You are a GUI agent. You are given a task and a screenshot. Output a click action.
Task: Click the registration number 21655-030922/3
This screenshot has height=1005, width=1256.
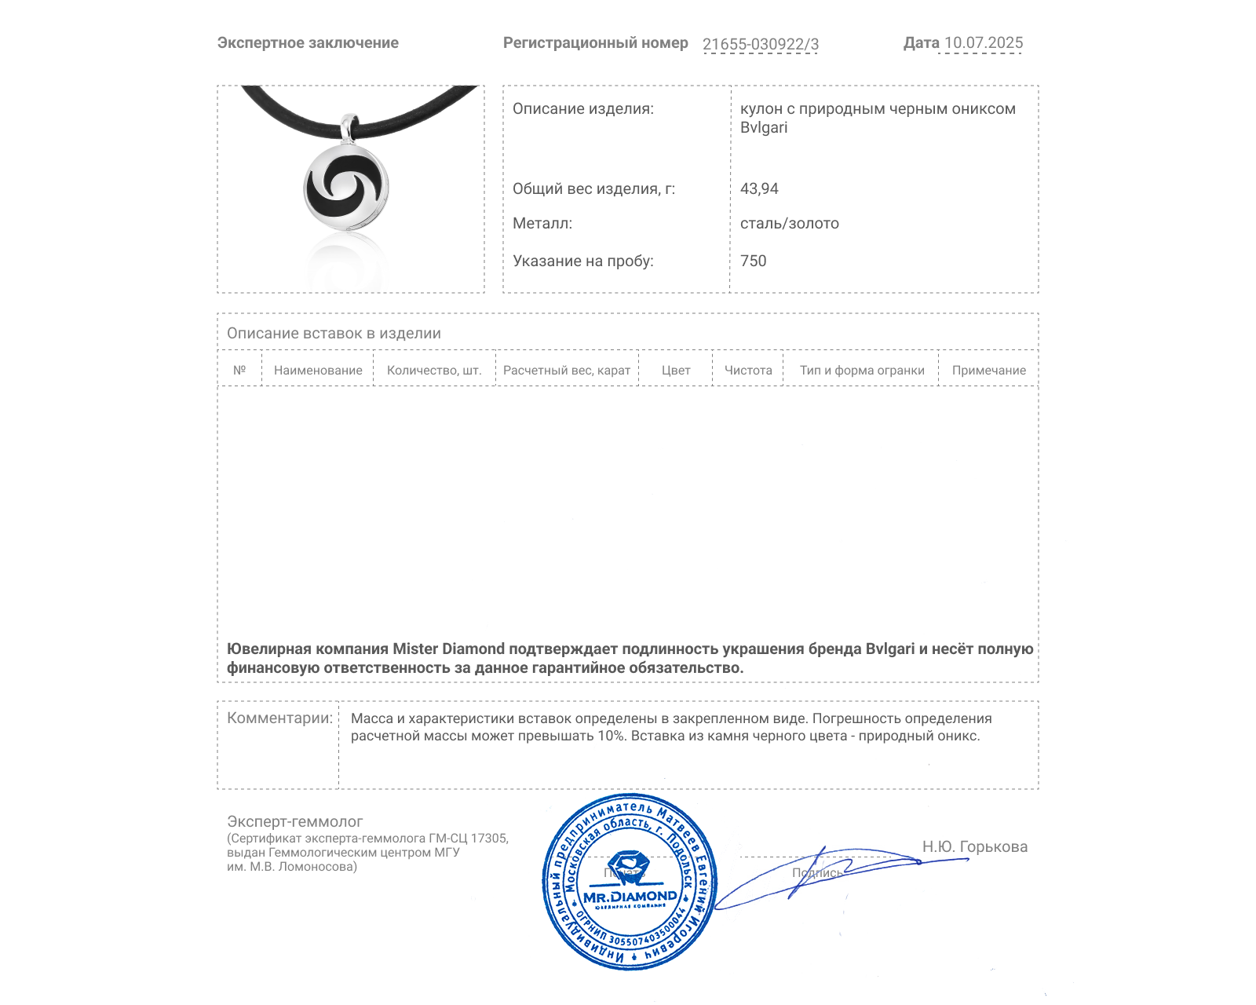(760, 44)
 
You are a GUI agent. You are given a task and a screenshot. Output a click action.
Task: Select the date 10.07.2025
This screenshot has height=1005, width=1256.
(983, 43)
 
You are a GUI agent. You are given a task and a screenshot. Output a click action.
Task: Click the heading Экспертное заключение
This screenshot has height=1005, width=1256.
(308, 43)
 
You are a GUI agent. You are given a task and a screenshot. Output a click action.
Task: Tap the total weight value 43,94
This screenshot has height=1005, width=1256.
(759, 188)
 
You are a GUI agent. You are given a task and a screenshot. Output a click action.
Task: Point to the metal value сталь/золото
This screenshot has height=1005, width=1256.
(789, 223)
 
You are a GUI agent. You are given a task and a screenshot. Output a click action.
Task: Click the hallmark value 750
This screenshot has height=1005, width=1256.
(753, 261)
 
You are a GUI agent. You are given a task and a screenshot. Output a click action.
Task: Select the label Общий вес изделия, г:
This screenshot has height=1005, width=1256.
(593, 188)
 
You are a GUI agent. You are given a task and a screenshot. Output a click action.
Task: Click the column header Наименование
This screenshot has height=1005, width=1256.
(318, 371)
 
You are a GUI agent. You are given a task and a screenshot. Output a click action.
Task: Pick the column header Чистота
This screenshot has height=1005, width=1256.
(748, 371)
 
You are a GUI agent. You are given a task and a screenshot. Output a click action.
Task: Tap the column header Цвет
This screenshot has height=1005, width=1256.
(675, 371)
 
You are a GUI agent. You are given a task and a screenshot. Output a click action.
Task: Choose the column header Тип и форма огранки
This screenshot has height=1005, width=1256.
(862, 371)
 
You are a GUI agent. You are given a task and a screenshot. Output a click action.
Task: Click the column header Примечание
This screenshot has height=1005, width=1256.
(988, 371)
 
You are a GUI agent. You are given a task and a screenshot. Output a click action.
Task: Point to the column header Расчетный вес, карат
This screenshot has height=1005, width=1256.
(567, 371)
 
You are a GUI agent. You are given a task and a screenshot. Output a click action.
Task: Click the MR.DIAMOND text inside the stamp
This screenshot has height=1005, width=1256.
(630, 897)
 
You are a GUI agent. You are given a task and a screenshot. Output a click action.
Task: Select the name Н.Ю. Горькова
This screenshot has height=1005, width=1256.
(974, 846)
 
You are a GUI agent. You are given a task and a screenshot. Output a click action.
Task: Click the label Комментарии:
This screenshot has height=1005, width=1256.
(279, 718)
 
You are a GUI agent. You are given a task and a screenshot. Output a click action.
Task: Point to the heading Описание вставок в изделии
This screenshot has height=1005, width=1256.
(334, 333)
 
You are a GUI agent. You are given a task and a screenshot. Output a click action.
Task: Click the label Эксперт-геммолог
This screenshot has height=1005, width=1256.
(294, 821)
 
